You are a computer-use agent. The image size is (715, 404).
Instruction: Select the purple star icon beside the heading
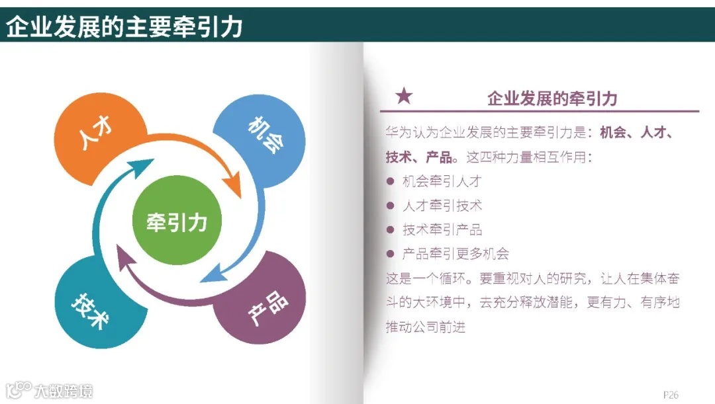tap(403, 97)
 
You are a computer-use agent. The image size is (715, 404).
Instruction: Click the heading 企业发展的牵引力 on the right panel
tap(551, 99)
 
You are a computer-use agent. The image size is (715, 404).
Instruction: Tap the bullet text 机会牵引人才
tap(442, 181)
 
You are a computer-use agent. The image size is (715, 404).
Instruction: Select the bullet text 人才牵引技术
tap(442, 206)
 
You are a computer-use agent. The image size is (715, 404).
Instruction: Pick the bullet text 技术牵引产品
tap(442, 229)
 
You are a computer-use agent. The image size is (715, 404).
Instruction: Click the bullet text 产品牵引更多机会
tap(455, 254)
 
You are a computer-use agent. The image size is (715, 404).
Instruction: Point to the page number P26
tap(671, 394)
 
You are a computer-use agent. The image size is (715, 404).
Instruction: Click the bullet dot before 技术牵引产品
tap(390, 229)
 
